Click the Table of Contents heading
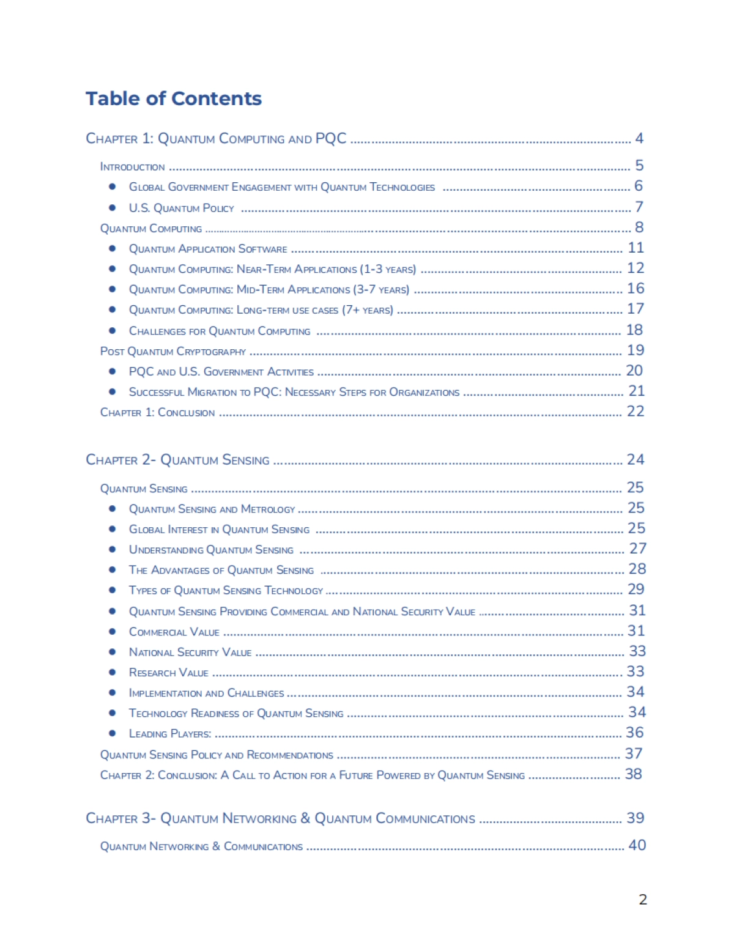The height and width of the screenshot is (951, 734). (174, 98)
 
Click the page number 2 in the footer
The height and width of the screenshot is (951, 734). (642, 899)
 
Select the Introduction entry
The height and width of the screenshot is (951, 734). (132, 167)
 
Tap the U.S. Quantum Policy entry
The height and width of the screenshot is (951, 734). (181, 208)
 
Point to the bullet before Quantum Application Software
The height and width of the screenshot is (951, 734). (113, 248)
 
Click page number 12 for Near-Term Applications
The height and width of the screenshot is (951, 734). (636, 268)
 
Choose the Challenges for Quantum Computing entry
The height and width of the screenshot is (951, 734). (220, 331)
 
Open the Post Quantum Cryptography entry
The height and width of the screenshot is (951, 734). (173, 352)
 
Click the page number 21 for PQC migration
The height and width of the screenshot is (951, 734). (636, 391)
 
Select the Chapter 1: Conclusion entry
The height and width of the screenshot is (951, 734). (157, 413)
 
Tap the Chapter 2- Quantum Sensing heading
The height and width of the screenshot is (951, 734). (177, 460)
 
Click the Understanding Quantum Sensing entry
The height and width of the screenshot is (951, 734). (211, 550)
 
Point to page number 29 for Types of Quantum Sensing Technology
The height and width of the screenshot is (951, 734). (636, 590)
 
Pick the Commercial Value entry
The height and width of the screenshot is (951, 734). (174, 632)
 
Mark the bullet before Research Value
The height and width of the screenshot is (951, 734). (113, 672)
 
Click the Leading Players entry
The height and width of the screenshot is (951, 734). (170, 733)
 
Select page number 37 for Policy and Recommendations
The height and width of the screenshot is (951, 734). (633, 754)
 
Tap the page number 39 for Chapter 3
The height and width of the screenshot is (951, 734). (635, 818)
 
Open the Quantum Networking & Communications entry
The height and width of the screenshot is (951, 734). (201, 846)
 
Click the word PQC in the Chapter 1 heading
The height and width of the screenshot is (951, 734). (331, 139)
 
